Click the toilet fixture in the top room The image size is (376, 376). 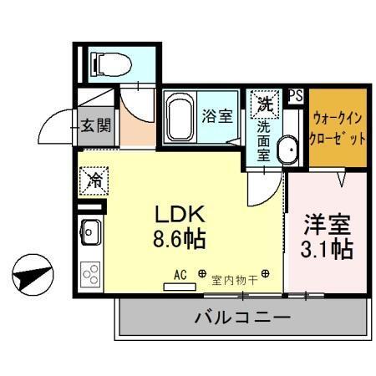[109, 63]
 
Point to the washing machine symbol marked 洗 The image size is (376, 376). [264, 105]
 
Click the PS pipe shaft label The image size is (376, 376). [295, 96]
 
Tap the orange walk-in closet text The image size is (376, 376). [338, 129]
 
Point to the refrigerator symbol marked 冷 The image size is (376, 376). [94, 178]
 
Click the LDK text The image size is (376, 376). [176, 213]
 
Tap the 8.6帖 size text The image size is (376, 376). [176, 240]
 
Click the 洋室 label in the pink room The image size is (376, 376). [325, 224]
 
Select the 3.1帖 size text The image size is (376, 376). [325, 249]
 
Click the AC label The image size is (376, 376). [179, 272]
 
